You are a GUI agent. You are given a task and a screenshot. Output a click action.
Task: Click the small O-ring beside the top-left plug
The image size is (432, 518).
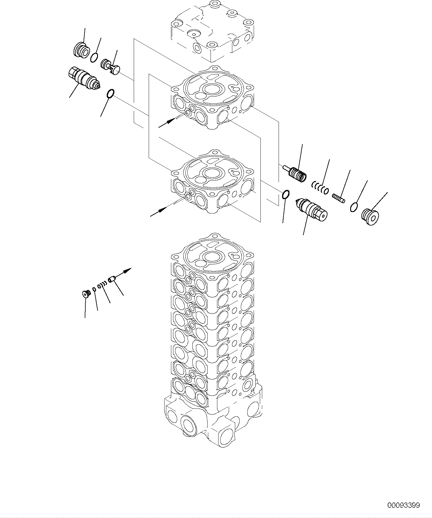pos(94,57)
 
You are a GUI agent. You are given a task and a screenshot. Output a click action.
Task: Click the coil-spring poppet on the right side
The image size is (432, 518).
pos(297,173)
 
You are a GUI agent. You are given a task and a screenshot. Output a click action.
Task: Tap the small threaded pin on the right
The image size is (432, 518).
pos(338,198)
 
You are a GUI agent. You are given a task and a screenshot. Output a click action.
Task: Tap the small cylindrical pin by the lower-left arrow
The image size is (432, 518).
pos(111,279)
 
